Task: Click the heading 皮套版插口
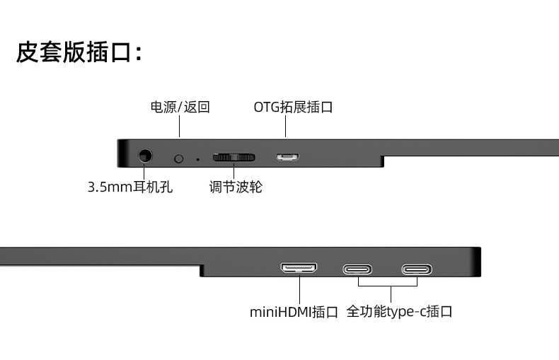(79, 52)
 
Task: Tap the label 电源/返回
(180, 108)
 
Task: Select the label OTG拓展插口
(293, 108)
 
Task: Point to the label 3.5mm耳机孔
(130, 187)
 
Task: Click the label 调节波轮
(236, 187)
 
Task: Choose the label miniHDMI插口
(294, 311)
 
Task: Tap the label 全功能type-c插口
(399, 311)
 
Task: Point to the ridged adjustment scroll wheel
(234, 156)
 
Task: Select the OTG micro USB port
(287, 156)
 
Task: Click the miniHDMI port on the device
(299, 268)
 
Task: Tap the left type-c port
(358, 269)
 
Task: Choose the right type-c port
(417, 269)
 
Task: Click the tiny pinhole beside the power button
(197, 158)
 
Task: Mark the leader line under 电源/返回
(180, 127)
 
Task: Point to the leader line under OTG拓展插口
(286, 127)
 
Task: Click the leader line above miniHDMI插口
(299, 289)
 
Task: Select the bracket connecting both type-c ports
(388, 286)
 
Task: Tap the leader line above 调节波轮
(234, 171)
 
